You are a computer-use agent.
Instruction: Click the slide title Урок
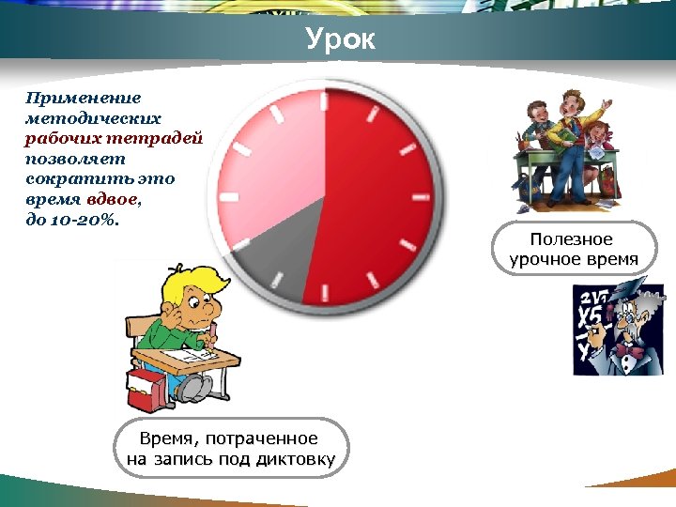click(x=340, y=40)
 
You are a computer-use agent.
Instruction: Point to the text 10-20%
click(x=84, y=220)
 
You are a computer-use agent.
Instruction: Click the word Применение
click(x=84, y=98)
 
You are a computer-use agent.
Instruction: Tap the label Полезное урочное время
click(x=573, y=249)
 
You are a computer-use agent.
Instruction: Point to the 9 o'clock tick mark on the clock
click(x=228, y=197)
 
